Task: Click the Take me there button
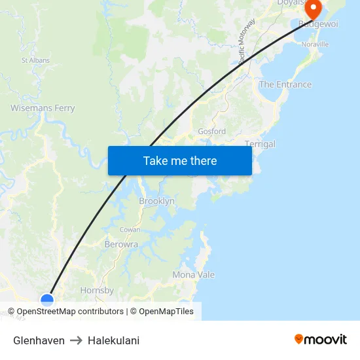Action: (x=180, y=160)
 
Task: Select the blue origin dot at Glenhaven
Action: (x=47, y=300)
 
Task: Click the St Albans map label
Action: (x=35, y=60)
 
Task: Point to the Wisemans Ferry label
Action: (x=43, y=108)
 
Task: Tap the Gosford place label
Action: (x=211, y=131)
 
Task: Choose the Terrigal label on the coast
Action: (x=260, y=144)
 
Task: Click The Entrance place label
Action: (x=285, y=84)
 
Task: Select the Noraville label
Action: (x=315, y=45)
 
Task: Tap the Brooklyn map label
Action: (x=156, y=201)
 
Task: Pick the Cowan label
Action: (x=130, y=230)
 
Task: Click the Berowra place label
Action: (x=121, y=244)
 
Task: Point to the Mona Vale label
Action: (x=193, y=275)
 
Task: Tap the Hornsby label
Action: (x=97, y=290)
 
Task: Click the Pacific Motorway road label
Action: (x=247, y=43)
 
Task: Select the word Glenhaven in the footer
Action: (x=39, y=340)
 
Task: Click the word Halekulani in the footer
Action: (x=113, y=340)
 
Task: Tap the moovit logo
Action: (x=320, y=339)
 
